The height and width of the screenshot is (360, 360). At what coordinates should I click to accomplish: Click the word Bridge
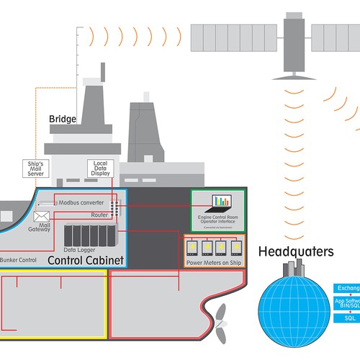click(x=63, y=119)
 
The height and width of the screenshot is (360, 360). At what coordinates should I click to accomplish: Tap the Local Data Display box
click(x=100, y=168)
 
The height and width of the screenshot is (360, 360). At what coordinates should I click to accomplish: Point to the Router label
click(x=99, y=215)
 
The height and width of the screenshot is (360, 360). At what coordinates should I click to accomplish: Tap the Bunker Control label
click(x=18, y=258)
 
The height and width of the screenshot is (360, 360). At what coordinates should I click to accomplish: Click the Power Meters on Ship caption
click(x=215, y=262)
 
